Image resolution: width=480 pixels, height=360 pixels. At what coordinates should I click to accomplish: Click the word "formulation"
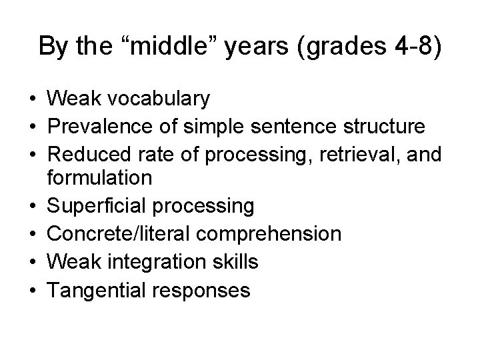point(100,178)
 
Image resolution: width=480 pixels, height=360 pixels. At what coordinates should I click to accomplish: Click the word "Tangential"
point(97,290)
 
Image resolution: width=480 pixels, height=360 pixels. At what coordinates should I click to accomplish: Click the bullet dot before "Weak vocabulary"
point(32,99)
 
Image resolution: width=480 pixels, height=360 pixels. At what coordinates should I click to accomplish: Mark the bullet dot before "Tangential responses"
point(32,291)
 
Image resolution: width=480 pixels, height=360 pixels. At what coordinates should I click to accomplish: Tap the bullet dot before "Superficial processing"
point(32,206)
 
